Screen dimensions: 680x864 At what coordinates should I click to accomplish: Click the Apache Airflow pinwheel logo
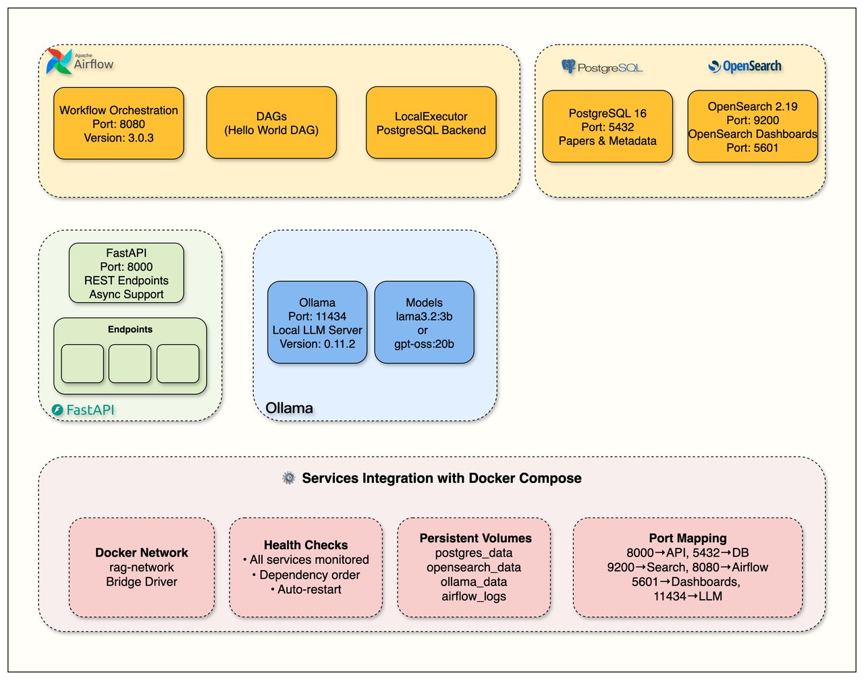click(x=59, y=61)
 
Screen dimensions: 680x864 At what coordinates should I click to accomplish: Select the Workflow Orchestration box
click(x=119, y=123)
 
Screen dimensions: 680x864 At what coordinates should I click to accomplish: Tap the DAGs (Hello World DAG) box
click(x=271, y=123)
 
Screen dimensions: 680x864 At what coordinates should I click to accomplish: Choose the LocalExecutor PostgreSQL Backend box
click(x=431, y=123)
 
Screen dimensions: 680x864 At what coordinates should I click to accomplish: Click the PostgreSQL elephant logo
click(x=568, y=66)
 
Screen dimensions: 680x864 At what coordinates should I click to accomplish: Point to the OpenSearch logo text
click(x=751, y=66)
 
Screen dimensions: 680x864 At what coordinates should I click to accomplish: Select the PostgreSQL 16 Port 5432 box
click(x=607, y=127)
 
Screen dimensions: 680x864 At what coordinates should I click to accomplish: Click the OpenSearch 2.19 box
click(x=753, y=127)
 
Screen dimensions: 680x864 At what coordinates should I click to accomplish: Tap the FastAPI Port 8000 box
click(x=126, y=273)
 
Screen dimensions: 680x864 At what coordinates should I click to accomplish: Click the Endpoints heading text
click(x=130, y=329)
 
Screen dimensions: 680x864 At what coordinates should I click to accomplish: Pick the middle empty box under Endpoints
click(x=130, y=364)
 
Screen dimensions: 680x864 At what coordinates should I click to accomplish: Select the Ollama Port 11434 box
click(x=317, y=323)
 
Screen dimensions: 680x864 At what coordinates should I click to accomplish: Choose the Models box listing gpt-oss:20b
click(x=424, y=323)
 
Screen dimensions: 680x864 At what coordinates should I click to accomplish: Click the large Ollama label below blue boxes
click(x=289, y=408)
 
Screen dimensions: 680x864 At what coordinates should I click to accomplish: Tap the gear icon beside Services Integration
click(x=289, y=478)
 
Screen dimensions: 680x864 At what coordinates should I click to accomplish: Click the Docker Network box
click(x=142, y=567)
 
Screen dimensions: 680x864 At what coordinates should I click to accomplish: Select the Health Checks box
click(x=306, y=567)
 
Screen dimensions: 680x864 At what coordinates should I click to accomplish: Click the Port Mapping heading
click(x=688, y=538)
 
